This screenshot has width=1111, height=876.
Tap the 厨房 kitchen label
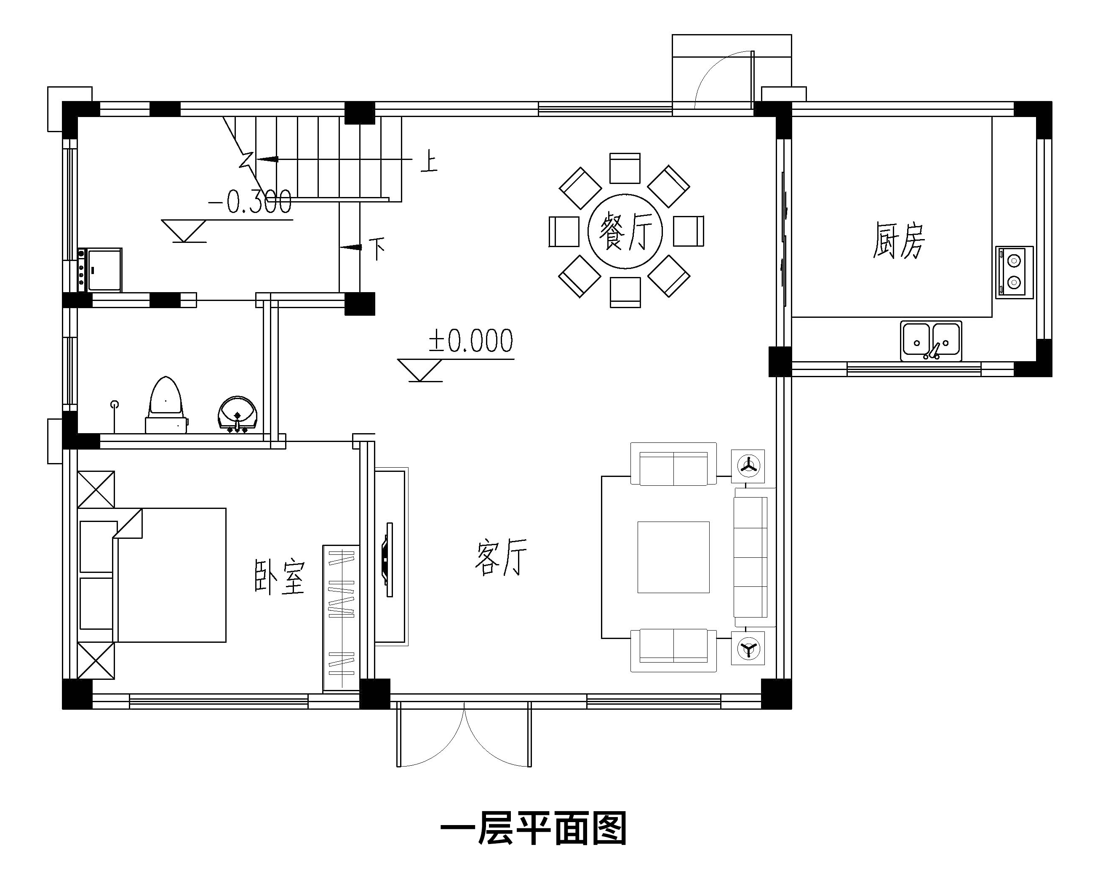tap(899, 240)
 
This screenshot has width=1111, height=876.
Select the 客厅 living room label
tap(500, 557)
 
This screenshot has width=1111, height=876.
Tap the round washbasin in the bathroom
tap(238, 413)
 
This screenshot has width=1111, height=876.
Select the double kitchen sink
tap(931, 341)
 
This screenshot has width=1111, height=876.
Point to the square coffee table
tap(673, 557)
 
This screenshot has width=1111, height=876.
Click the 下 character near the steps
tap(377, 248)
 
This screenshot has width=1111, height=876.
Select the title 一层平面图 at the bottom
tap(533, 829)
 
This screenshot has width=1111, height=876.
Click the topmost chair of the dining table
tap(625, 168)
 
